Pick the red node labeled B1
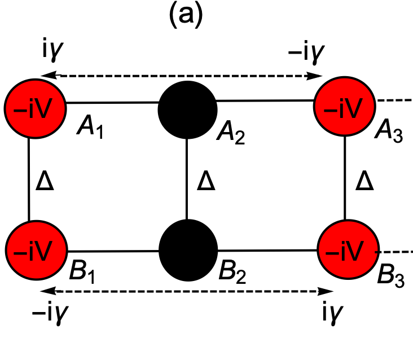click(x=35, y=248)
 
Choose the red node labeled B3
click(x=345, y=248)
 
